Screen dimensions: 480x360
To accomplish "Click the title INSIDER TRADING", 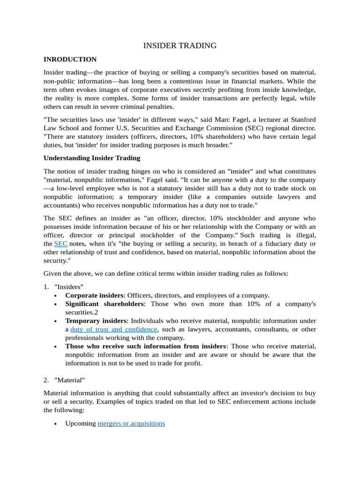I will coord(180,45).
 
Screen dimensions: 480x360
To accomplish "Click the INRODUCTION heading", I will coord(70,60).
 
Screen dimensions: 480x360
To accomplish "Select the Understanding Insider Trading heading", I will coord(91,158).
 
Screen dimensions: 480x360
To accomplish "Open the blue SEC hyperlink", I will coord(61,244).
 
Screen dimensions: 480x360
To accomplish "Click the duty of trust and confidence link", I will coord(113,330).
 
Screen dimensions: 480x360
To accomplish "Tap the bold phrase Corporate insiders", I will coord(94,295).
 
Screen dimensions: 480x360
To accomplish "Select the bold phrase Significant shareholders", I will coord(105,304).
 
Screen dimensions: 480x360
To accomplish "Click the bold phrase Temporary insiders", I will coord(96,321).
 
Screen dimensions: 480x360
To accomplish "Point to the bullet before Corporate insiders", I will coord(55,296).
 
